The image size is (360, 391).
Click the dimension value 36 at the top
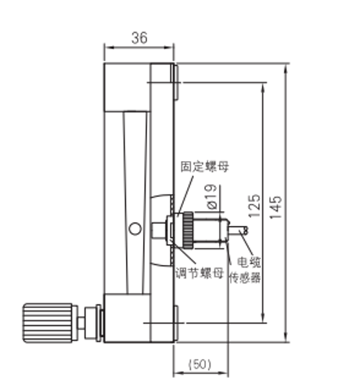pos(138,37)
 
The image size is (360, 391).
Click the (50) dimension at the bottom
pos(200,364)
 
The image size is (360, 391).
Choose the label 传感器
pos(244,277)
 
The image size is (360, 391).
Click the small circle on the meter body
pos(135,228)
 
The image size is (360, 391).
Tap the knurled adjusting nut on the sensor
pos(188,231)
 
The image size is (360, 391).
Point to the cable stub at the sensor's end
pos(239,231)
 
